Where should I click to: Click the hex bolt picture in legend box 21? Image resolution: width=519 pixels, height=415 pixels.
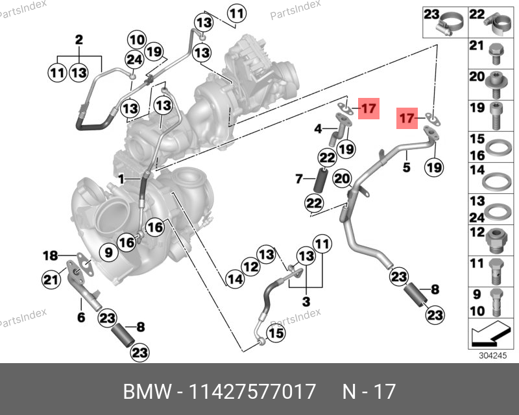click(x=494, y=49)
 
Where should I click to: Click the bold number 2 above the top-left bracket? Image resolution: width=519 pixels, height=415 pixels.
click(x=78, y=40)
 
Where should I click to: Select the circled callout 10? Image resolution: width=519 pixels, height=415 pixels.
click(x=136, y=39)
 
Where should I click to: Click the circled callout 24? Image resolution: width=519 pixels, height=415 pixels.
click(x=134, y=60)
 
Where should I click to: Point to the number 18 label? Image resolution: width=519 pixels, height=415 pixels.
click(x=51, y=255)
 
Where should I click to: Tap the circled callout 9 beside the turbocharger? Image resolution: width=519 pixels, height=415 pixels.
click(x=108, y=251)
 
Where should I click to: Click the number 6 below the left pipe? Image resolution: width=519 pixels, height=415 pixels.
click(x=81, y=317)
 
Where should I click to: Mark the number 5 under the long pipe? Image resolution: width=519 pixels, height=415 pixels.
click(x=406, y=167)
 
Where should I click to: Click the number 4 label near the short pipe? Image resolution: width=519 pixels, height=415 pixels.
click(x=318, y=129)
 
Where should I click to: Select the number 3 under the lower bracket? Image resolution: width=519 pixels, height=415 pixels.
click(x=306, y=302)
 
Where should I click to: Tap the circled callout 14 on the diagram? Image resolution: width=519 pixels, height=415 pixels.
click(x=235, y=279)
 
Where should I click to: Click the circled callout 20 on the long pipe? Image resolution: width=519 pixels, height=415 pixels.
click(x=342, y=178)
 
